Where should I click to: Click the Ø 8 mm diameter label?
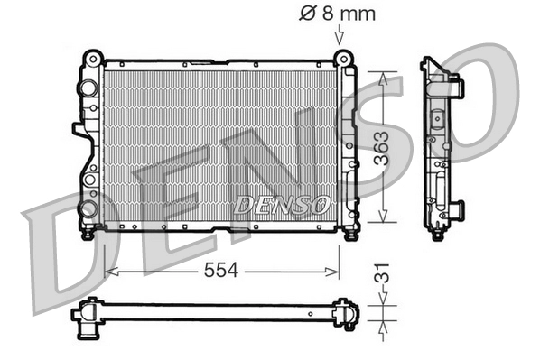[336, 14]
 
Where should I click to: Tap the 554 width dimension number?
[222, 270]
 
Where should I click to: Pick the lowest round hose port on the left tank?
[87, 208]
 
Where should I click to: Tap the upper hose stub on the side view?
[457, 88]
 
